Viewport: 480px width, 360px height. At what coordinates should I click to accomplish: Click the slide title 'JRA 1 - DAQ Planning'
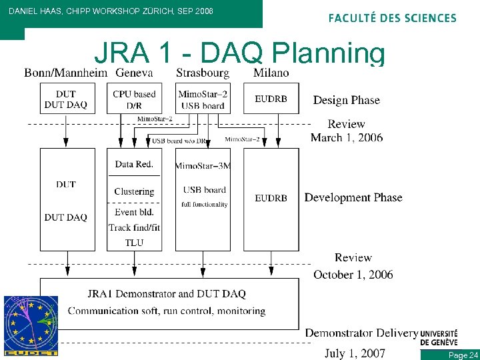tap(239, 53)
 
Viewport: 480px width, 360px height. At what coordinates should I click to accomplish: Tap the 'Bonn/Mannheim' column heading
tap(65, 73)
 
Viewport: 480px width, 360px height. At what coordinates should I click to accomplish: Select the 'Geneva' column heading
tap(134, 73)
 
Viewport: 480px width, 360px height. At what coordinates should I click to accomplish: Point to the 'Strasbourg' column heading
tap(203, 73)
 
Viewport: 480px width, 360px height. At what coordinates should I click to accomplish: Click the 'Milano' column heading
tap(271, 73)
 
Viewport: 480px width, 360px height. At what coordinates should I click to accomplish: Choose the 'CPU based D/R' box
tap(134, 99)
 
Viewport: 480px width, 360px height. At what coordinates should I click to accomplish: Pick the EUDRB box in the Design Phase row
tap(271, 99)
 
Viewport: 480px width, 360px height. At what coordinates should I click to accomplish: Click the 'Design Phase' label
tap(346, 100)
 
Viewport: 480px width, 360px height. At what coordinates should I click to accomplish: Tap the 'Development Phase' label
tap(353, 197)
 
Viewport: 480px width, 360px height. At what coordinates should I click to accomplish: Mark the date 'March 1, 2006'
tap(347, 137)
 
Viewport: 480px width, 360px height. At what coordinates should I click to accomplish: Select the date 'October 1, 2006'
tap(353, 274)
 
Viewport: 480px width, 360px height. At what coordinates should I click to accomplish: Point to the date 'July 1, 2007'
tap(355, 353)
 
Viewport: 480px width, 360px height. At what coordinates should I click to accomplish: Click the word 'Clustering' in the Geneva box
tap(134, 191)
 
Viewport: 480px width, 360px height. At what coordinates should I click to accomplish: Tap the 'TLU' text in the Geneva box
tap(134, 243)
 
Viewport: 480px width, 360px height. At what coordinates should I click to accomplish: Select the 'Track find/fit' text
tap(134, 227)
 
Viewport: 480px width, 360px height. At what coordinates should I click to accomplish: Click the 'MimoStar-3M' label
tap(203, 165)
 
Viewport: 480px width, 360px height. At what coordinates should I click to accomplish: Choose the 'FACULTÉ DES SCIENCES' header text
tap(392, 18)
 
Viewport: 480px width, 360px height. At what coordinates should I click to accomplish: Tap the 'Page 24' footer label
tap(463, 355)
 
